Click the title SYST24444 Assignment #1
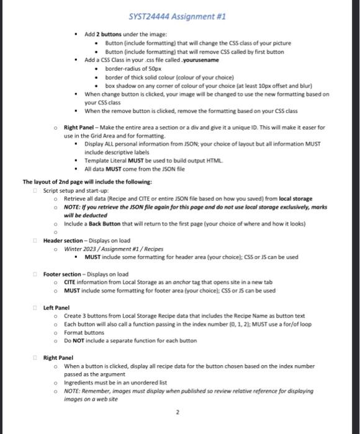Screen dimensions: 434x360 click(179, 17)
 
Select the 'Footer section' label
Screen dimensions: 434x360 click(63, 273)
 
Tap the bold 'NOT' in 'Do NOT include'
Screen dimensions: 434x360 click(79, 340)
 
